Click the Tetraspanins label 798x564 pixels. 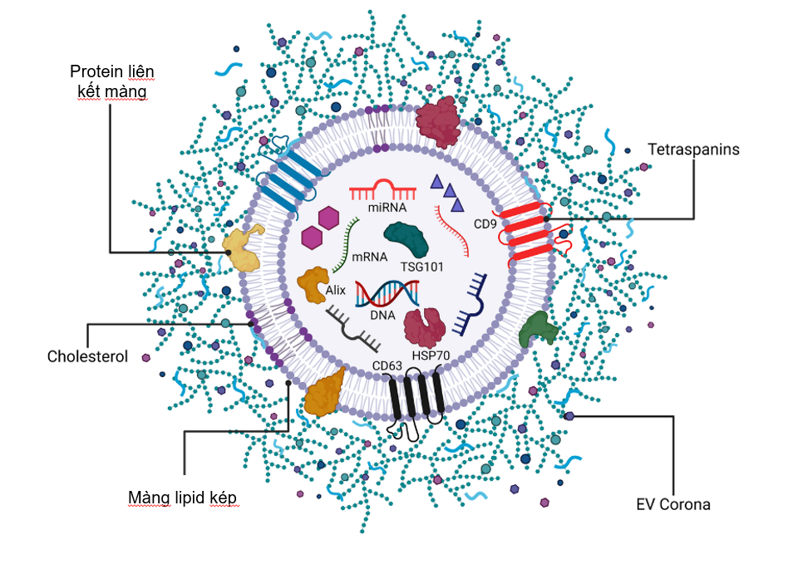(694, 150)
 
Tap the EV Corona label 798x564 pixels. (673, 503)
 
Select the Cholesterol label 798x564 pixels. (87, 356)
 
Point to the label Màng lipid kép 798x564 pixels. (183, 498)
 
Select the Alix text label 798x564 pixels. (335, 289)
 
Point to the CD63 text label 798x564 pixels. (387, 364)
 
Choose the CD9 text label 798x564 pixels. (485, 223)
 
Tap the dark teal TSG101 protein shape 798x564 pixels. (407, 240)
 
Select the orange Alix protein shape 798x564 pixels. (313, 284)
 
